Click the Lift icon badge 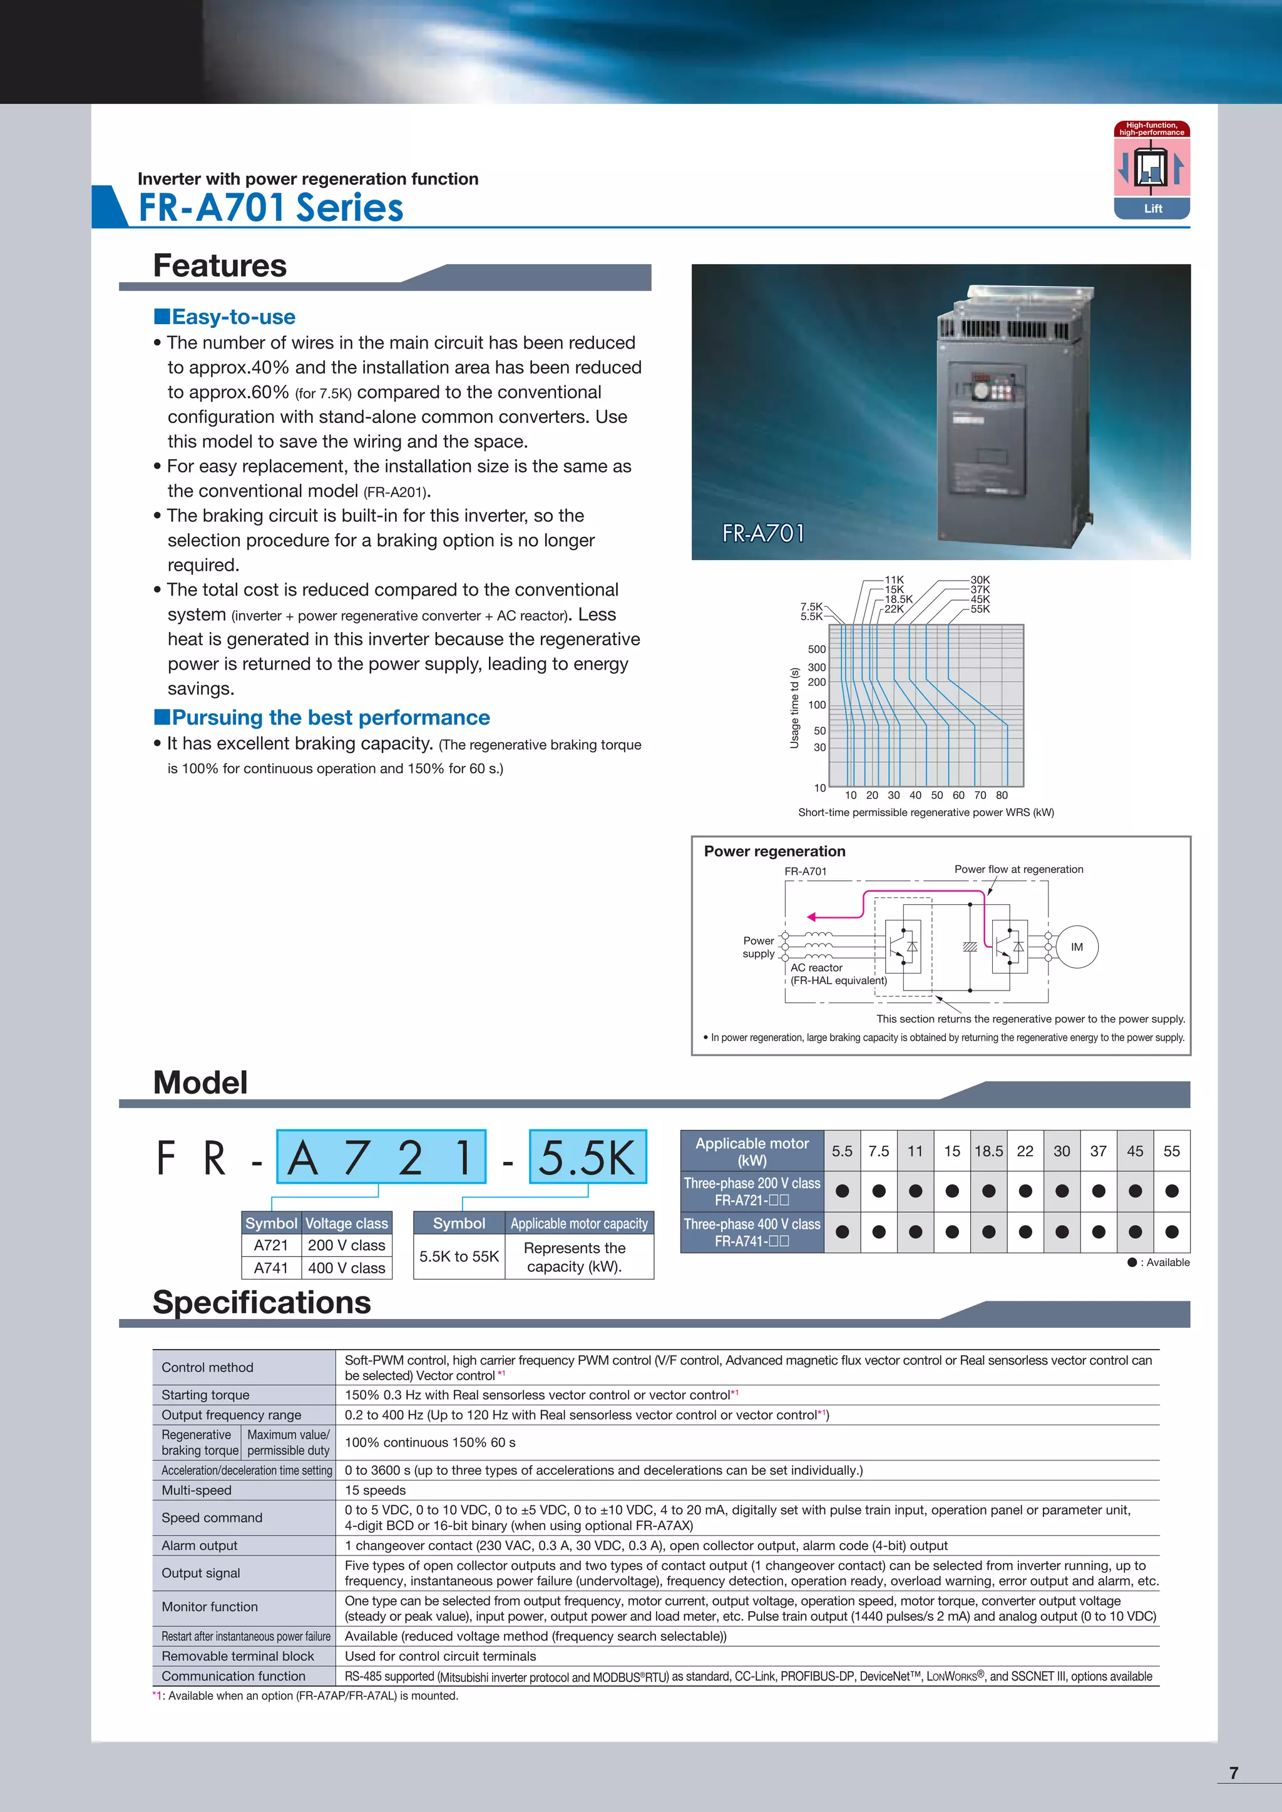point(1152,170)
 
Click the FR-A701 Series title point(271,208)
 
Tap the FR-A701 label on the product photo point(763,534)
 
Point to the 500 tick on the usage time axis point(816,649)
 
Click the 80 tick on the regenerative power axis point(1002,795)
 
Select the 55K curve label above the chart point(980,609)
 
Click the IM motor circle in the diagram point(1077,947)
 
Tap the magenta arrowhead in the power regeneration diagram point(811,917)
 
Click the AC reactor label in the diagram point(816,967)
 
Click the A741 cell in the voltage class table point(271,1268)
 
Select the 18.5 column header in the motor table point(988,1151)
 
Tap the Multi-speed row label point(197,1490)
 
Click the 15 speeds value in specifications point(375,1490)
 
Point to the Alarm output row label point(200,1545)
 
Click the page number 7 point(1233,1773)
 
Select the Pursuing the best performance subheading point(330,718)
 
